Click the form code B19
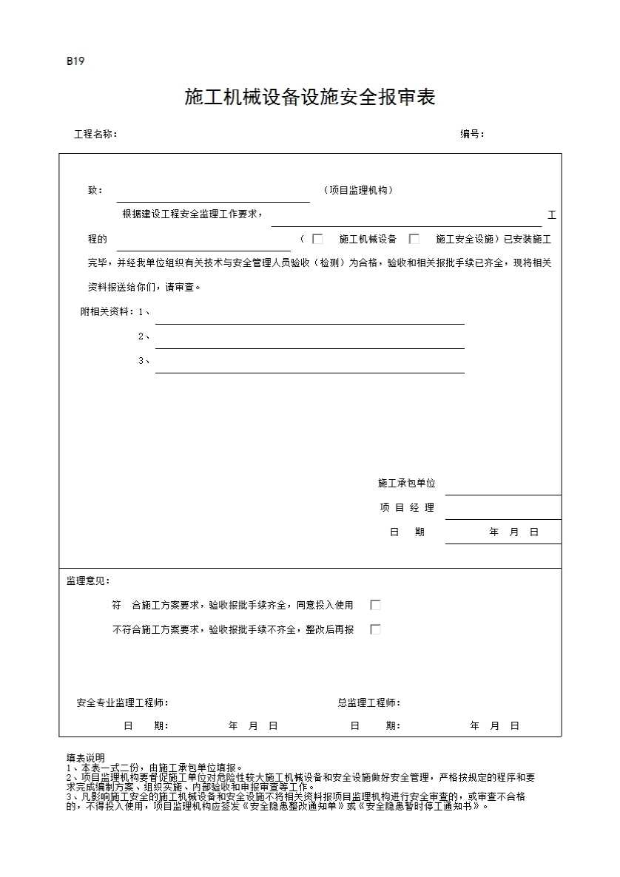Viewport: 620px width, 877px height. (75, 61)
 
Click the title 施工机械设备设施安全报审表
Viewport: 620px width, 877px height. (309, 98)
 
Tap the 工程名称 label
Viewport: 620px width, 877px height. (95, 135)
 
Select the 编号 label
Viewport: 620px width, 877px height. (472, 135)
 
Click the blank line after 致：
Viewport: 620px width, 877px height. (213, 194)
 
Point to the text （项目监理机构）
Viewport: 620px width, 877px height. (358, 191)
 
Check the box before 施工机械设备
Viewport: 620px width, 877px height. (318, 239)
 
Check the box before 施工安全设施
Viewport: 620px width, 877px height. (414, 239)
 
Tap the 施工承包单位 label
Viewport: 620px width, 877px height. (406, 484)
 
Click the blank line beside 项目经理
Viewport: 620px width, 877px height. (503, 510)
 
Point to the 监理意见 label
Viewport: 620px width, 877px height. (88, 581)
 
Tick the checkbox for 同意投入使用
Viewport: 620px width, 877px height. (375, 605)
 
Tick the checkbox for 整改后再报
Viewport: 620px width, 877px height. (375, 630)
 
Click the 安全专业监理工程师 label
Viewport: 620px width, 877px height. (122, 703)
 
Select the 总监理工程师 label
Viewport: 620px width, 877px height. (368, 703)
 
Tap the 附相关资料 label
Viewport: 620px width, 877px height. (107, 312)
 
